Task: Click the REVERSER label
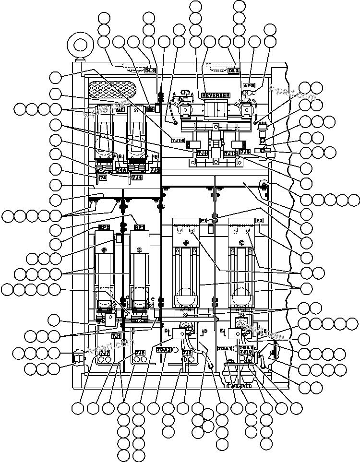pos(216,95)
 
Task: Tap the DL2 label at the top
pos(150,71)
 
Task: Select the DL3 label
pos(233,71)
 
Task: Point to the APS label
pos(249,85)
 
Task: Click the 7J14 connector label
pos(178,140)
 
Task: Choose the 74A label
pos(121,170)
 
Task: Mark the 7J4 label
pos(137,177)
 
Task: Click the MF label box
pos(150,109)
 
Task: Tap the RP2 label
pos(104,227)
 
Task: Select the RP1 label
pos(140,227)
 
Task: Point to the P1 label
pos(204,220)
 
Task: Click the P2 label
pos(260,220)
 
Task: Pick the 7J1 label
pos(116,336)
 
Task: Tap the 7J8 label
pos(140,353)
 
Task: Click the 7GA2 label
pos(164,349)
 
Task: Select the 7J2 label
pos(187,353)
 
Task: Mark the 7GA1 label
pos(225,348)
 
